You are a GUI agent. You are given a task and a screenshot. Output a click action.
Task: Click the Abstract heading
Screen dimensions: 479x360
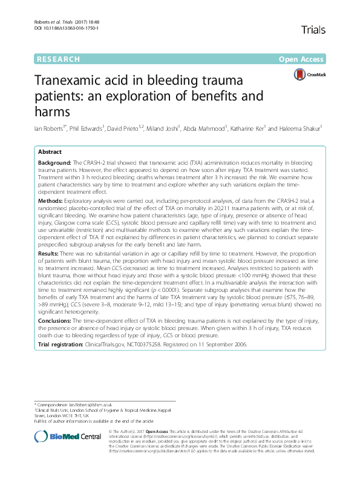tap(50, 153)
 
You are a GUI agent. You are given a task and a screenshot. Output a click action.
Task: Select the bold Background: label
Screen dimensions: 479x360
tap(54, 164)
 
